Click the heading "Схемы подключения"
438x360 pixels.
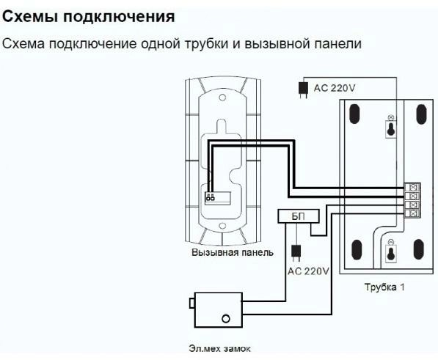[89, 18]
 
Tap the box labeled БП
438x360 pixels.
[299, 216]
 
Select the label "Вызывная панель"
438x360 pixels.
[233, 252]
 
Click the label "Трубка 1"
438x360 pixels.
[384, 287]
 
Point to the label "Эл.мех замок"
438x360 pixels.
[219, 348]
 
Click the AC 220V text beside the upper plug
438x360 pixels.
[335, 88]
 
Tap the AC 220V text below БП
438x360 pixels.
[308, 271]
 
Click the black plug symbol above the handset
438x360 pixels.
[303, 89]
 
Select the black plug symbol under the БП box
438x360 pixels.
[296, 253]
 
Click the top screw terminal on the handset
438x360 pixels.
[412, 187]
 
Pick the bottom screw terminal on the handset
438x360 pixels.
[412, 213]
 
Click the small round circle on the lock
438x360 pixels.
[226, 318]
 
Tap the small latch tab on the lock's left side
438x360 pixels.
[192, 303]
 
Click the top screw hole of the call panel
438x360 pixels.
[222, 98]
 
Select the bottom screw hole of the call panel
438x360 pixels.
[222, 226]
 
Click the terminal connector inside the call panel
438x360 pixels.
[218, 198]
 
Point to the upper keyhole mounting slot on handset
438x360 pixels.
[391, 129]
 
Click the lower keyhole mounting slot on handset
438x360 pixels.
[391, 254]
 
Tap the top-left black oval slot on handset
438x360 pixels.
[354, 114]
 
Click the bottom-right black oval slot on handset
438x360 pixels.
[419, 249]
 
